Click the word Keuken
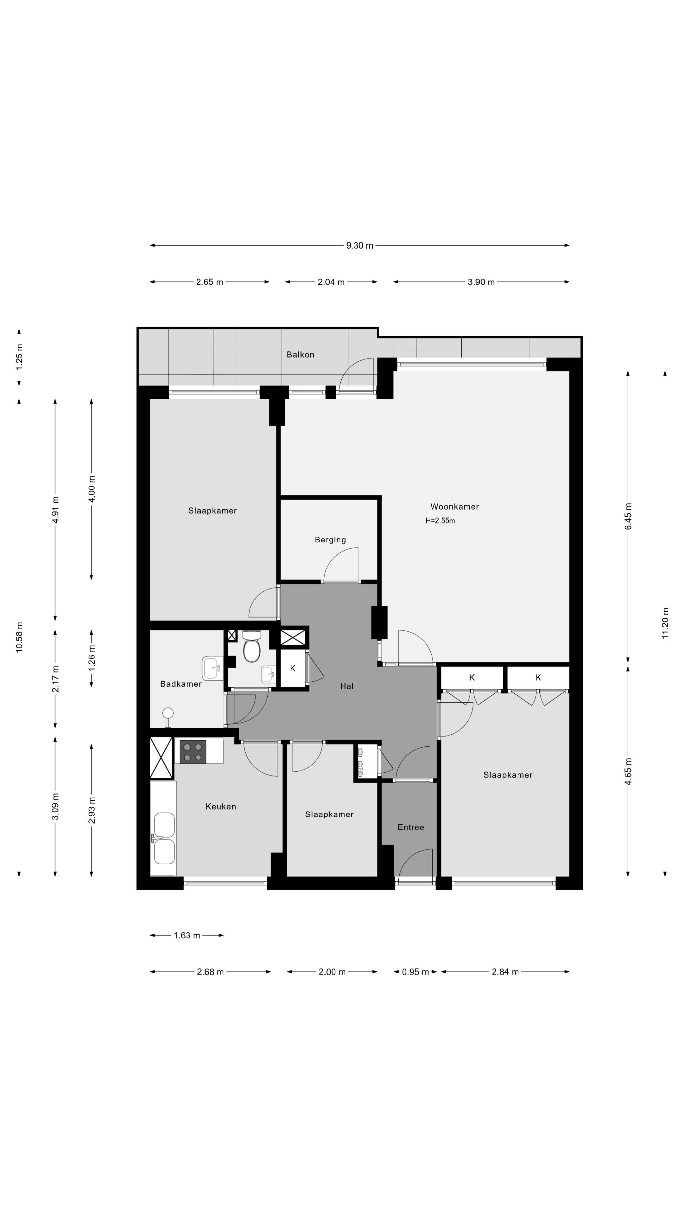pos(220,807)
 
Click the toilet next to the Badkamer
pos(252,646)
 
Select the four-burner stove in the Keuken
pos(193,752)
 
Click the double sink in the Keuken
pos(164,838)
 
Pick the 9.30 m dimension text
pos(360,245)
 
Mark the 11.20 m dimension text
pos(665,622)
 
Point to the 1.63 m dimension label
pos(187,936)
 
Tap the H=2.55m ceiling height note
pos(440,521)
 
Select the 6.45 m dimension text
pos(628,516)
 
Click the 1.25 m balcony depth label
pos(19,357)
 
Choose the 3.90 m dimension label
pos(481,282)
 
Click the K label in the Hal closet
pos(293,668)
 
